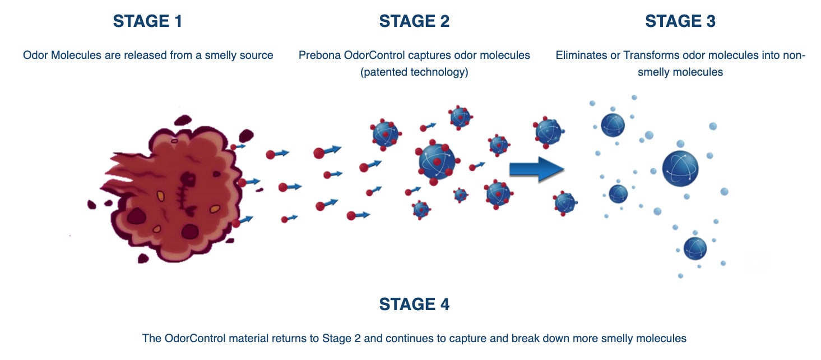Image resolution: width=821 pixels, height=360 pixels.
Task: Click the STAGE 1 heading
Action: [147, 21]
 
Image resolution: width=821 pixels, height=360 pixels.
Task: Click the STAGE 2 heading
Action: [414, 21]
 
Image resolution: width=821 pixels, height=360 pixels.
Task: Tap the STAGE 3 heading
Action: [680, 21]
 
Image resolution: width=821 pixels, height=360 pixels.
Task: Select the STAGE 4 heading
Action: [414, 304]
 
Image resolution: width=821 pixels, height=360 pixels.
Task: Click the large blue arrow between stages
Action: [536, 169]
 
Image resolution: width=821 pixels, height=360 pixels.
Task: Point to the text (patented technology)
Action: [414, 72]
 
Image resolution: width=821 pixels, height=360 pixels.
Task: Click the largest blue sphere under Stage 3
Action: [680, 169]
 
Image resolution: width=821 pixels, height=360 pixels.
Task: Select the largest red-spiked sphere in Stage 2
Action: [437, 161]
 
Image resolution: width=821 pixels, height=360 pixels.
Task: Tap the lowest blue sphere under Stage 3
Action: [695, 248]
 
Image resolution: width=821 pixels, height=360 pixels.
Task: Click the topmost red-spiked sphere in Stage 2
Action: [460, 117]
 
